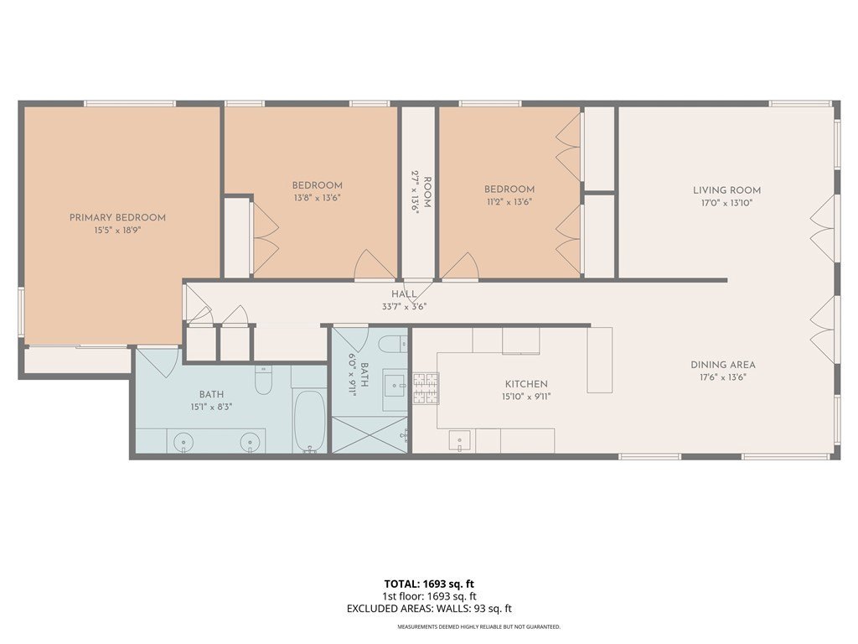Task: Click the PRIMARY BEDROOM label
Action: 117,217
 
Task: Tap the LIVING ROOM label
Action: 726,190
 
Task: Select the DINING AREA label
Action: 723,365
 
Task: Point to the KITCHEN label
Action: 526,384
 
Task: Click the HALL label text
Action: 404,294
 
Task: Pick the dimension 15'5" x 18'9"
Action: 117,231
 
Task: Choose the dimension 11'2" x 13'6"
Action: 509,201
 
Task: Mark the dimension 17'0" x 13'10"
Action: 726,203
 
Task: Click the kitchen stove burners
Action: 426,388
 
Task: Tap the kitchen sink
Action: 460,441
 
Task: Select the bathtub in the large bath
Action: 310,421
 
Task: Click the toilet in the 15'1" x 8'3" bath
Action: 264,380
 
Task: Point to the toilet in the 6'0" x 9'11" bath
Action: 394,344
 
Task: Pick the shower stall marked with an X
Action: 370,435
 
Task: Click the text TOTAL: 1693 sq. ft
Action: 429,584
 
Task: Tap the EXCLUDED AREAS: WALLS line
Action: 429,609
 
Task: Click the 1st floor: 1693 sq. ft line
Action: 429,596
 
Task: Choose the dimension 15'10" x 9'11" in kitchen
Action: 526,397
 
